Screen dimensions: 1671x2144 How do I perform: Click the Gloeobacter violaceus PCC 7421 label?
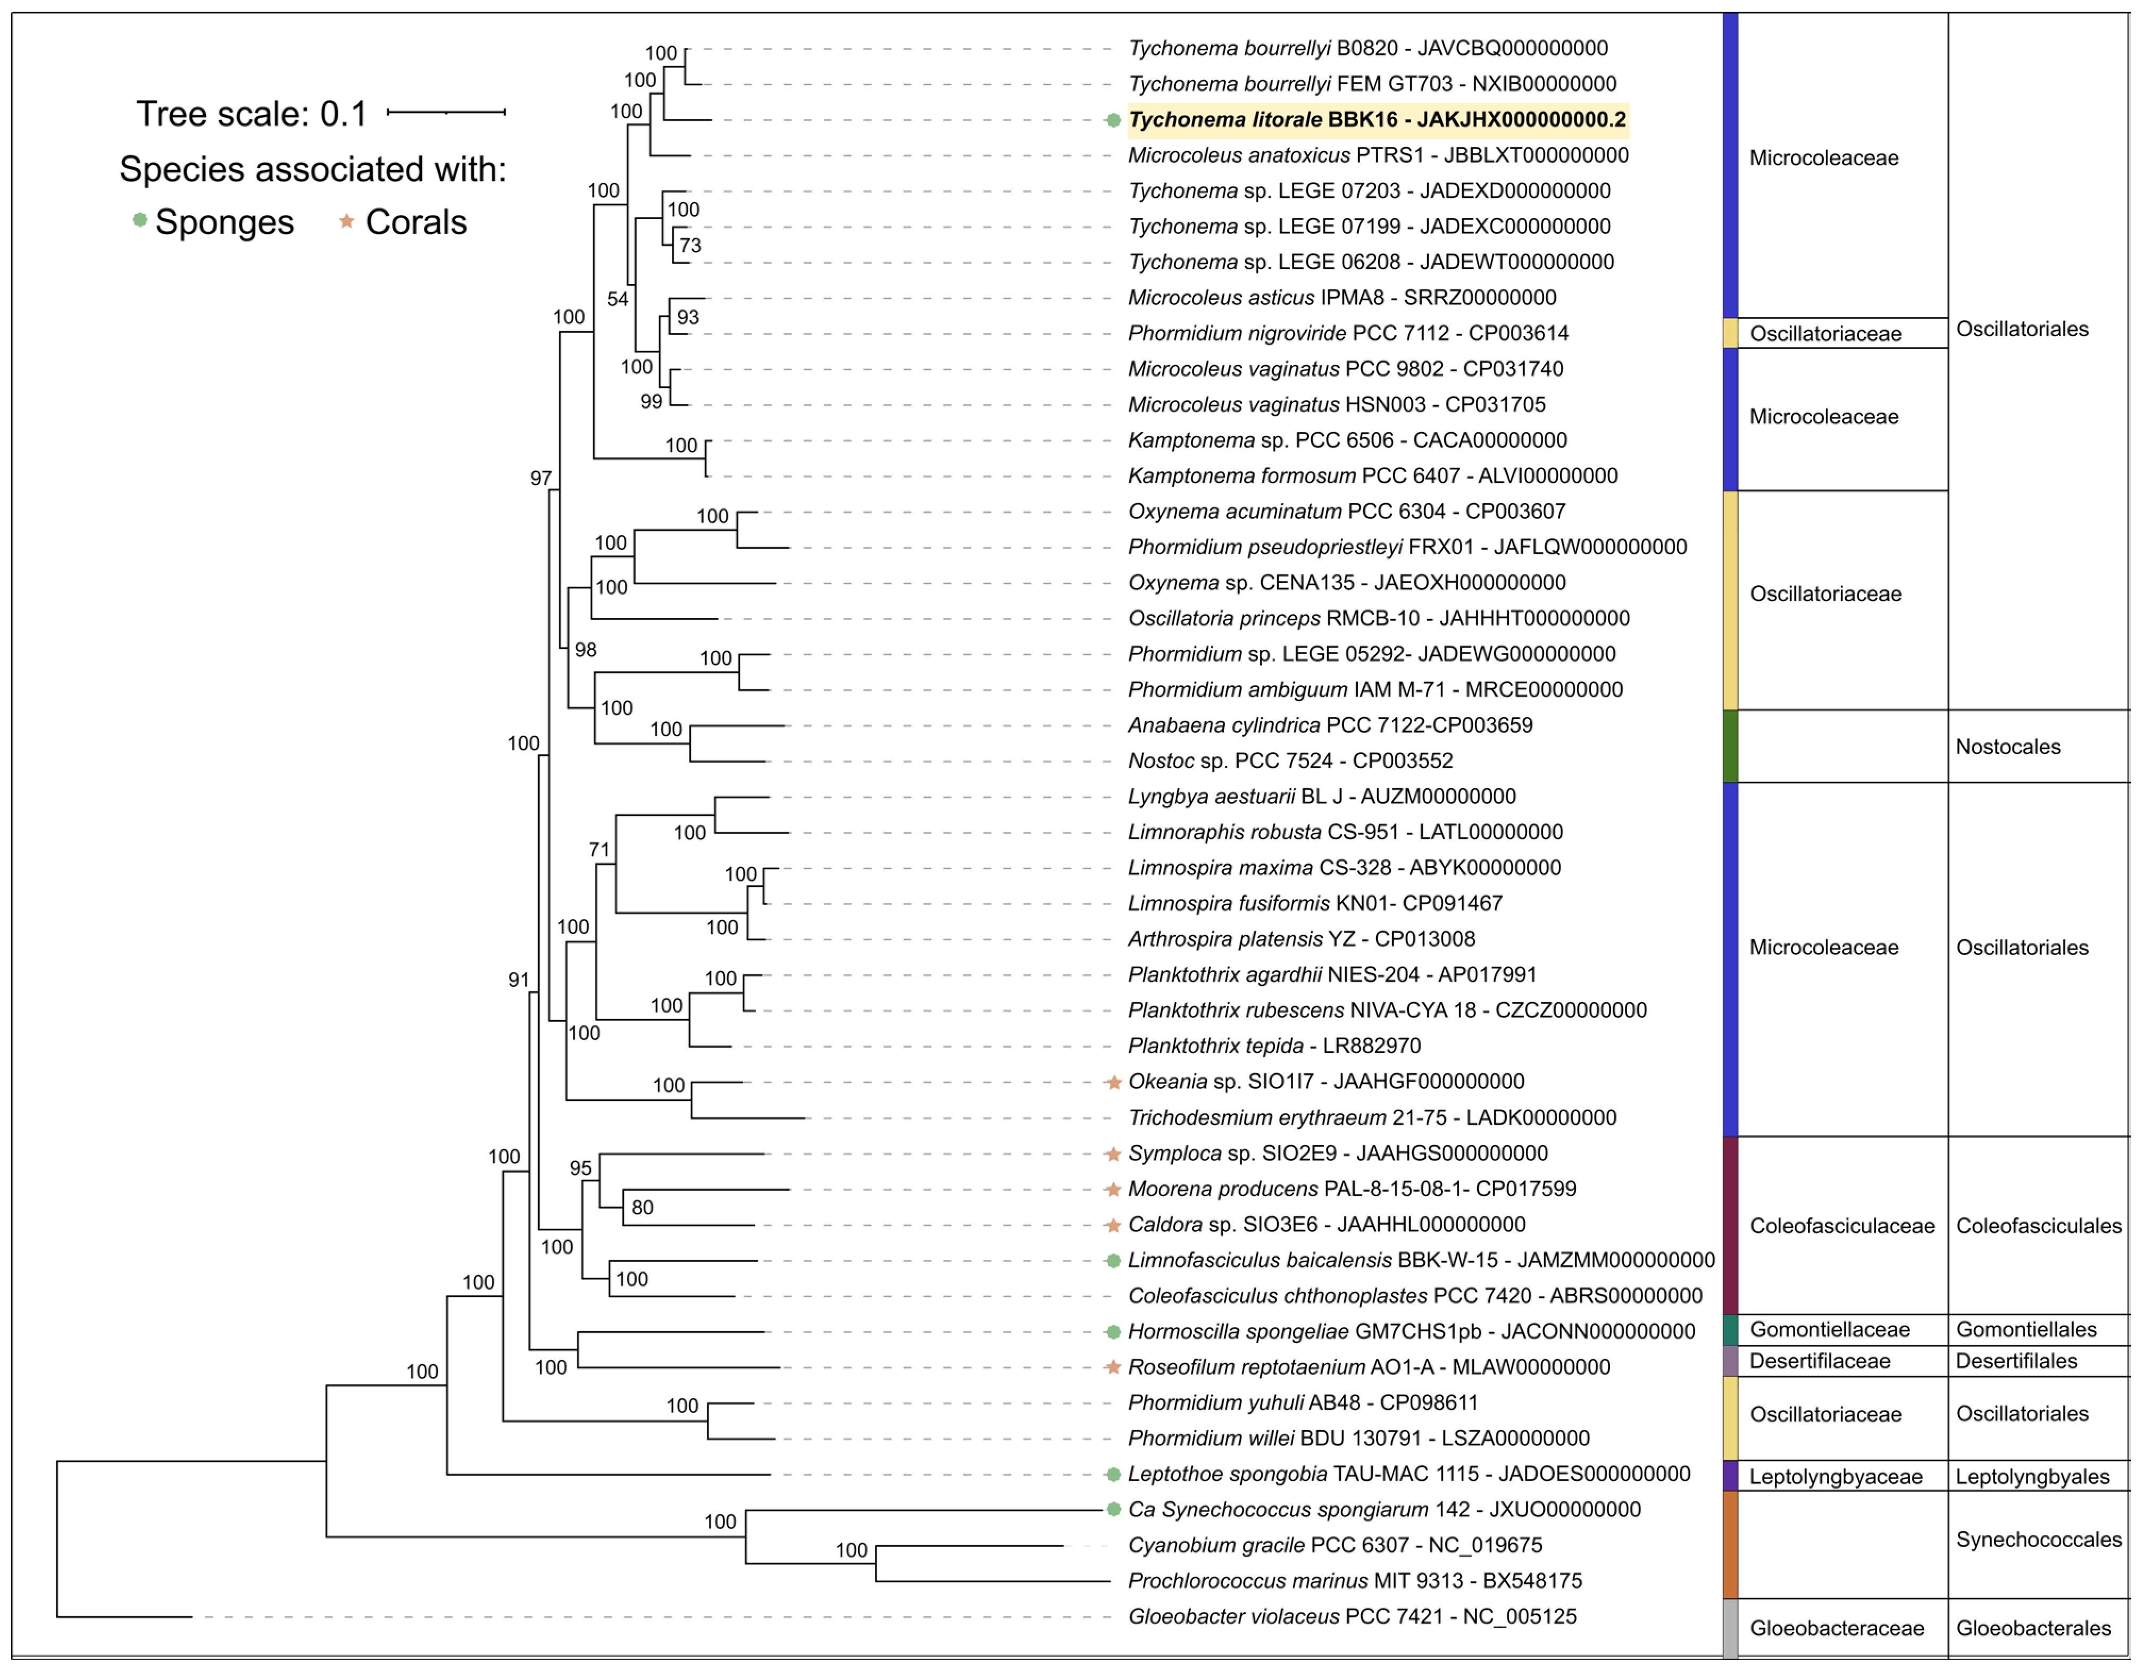[x=1352, y=1616]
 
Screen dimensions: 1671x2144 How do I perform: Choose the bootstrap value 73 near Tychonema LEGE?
[x=690, y=246]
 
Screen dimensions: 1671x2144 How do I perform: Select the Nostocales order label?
[x=2007, y=746]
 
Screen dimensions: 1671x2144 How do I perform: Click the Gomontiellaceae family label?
[x=1829, y=1330]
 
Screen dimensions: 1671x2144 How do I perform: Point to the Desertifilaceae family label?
[x=1819, y=1361]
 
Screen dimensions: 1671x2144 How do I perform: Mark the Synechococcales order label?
[x=2038, y=1540]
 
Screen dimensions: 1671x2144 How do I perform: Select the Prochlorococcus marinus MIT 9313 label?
[x=1355, y=1581]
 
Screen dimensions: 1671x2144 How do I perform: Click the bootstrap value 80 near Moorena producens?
[x=642, y=1208]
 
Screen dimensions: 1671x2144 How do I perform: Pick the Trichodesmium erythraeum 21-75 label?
[x=1371, y=1117]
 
